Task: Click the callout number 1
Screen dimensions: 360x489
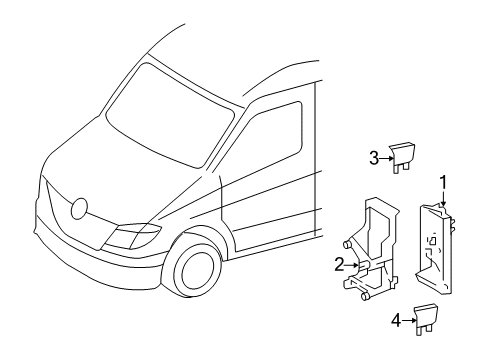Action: [x=443, y=183]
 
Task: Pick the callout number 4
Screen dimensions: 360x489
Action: [x=396, y=321]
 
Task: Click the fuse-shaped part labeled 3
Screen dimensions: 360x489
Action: [x=402, y=154]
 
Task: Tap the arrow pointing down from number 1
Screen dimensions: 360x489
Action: [x=443, y=199]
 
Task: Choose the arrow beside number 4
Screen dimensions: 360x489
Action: [x=408, y=321]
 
